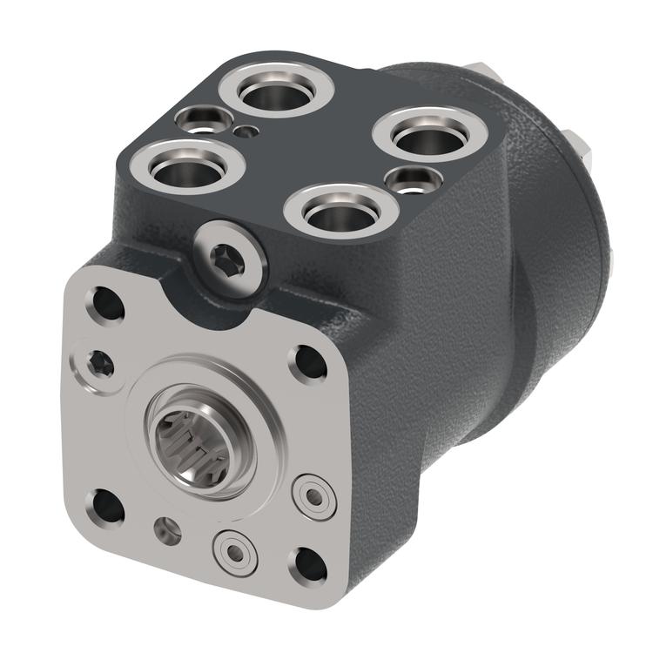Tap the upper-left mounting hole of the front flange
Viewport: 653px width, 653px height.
click(108, 304)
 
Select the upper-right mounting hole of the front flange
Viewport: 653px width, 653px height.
click(308, 360)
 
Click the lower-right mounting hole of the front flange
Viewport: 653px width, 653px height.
click(310, 565)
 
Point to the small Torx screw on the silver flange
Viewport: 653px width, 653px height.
click(96, 365)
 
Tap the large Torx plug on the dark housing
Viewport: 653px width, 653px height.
click(229, 259)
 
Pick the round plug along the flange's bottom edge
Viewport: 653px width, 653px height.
click(233, 550)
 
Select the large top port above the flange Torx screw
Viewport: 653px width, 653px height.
click(185, 169)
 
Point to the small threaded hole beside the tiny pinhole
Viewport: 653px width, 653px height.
click(201, 119)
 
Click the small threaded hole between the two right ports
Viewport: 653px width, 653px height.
click(413, 181)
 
